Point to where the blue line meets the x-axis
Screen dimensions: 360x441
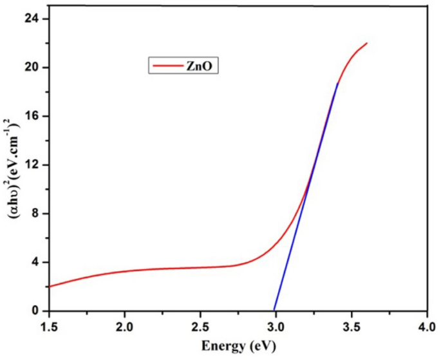pyautogui.click(x=274, y=310)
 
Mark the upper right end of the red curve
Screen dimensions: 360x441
pyautogui.click(x=366, y=43)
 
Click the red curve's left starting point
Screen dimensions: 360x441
pyautogui.click(x=49, y=287)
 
